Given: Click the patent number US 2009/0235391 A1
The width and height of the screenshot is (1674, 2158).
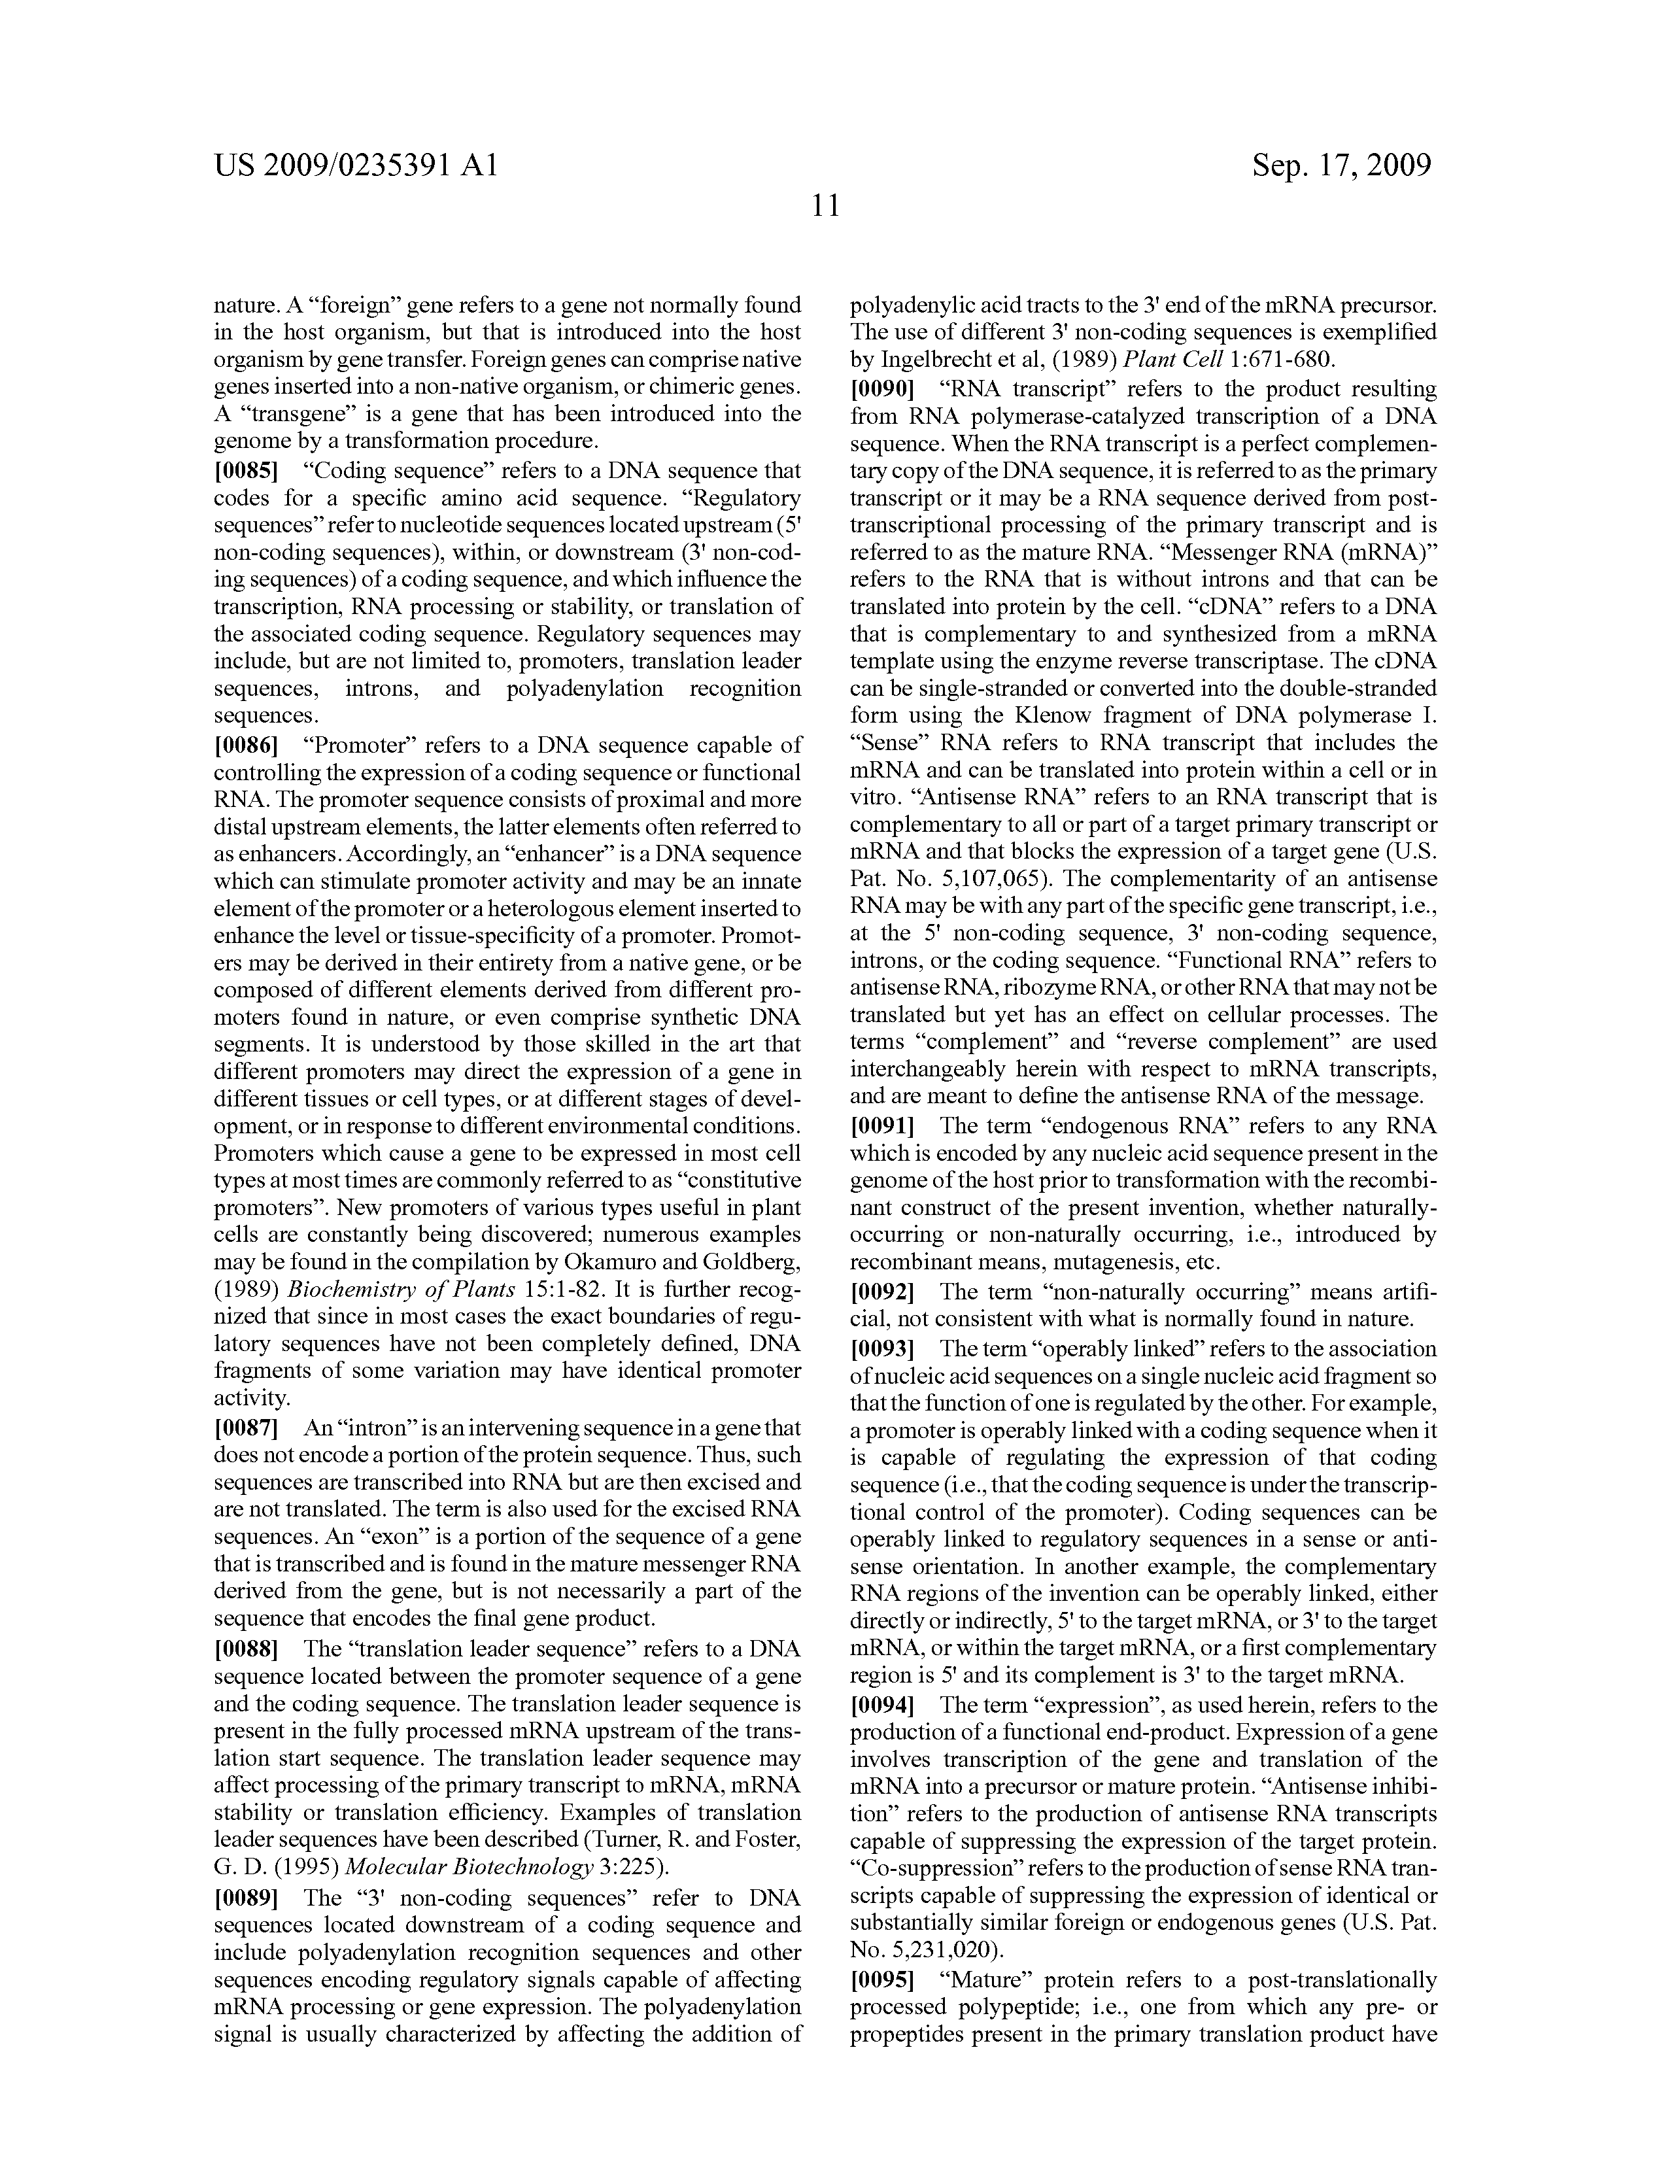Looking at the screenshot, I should point(356,164).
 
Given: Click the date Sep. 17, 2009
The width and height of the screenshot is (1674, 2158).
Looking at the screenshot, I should point(1342,164).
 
